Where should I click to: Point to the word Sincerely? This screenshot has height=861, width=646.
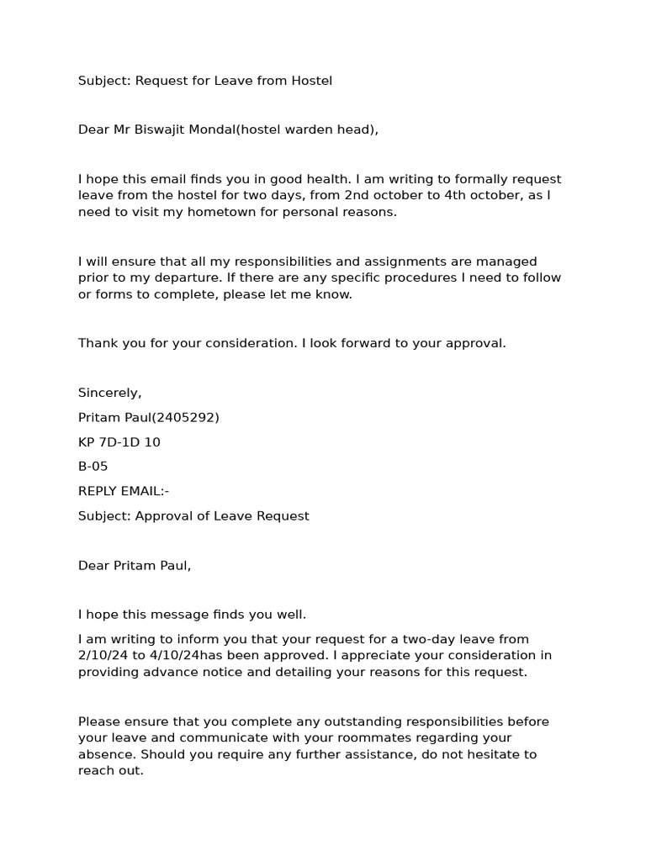click(109, 393)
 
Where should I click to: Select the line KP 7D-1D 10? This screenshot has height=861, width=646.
click(119, 441)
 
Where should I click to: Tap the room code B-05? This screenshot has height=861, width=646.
click(93, 467)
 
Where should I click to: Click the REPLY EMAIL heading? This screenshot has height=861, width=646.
click(123, 491)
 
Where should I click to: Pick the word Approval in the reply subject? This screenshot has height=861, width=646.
click(162, 515)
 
